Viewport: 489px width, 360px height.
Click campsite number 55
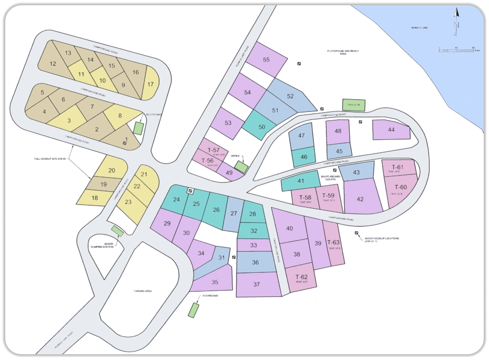click(x=266, y=60)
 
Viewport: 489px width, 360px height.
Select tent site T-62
click(x=301, y=279)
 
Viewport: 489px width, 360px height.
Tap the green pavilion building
click(x=353, y=105)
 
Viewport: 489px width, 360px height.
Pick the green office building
click(x=241, y=167)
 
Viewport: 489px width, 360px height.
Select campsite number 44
click(x=391, y=130)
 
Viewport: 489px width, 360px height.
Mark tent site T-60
click(x=401, y=188)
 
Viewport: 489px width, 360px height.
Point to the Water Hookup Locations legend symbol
click(x=356, y=233)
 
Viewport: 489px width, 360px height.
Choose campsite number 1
click(x=126, y=139)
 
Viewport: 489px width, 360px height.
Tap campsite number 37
click(x=257, y=284)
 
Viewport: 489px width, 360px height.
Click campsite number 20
click(x=111, y=171)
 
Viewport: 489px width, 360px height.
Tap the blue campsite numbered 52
click(x=290, y=96)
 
